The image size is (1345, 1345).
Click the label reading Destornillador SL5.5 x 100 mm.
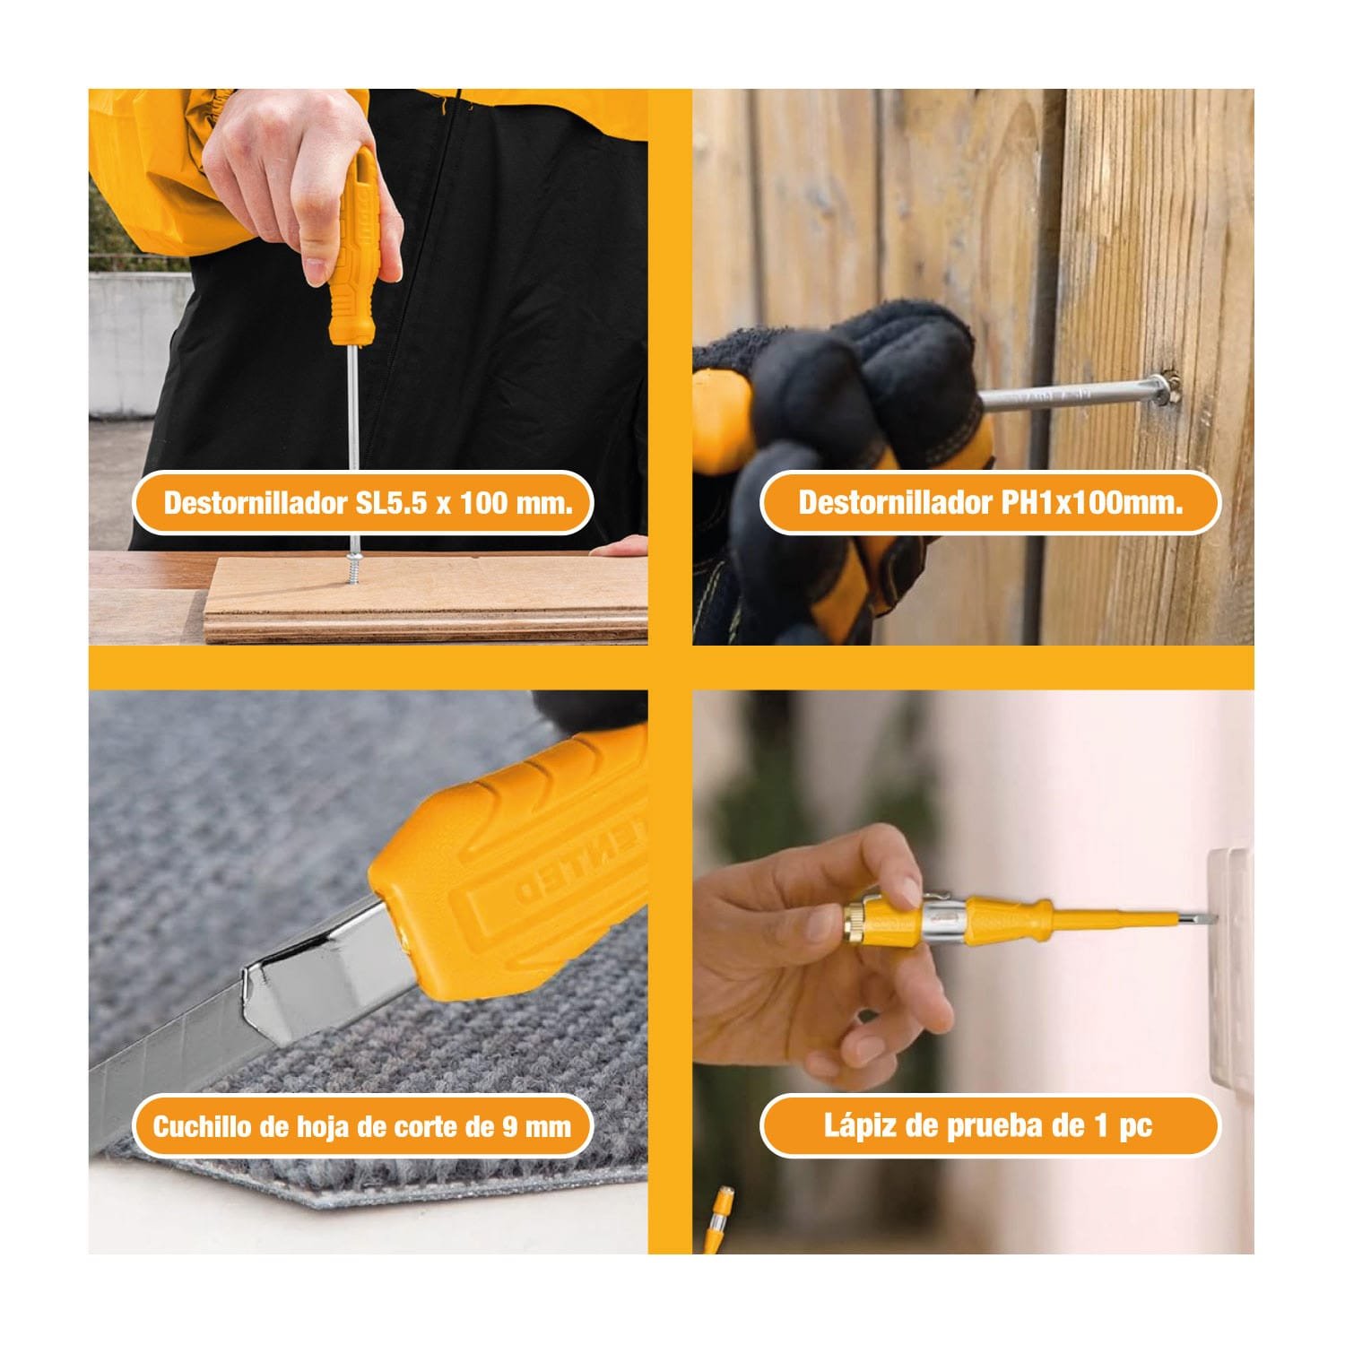367,502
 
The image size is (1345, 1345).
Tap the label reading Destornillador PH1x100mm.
990,502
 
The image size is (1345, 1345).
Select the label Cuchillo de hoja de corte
362,1126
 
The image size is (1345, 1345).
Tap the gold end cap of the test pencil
857,923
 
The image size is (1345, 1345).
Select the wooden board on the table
426,596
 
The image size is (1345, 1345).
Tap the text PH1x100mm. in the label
1091,502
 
